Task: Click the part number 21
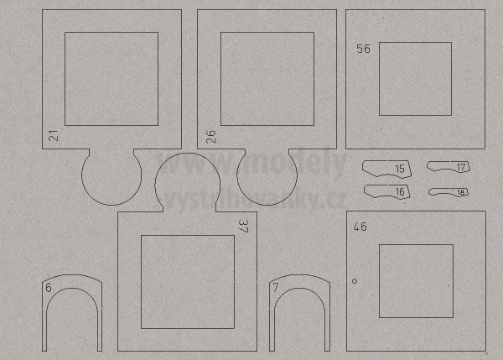click(54, 135)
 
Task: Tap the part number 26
click(210, 137)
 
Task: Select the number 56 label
click(364, 49)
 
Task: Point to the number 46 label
click(360, 227)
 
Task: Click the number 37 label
click(243, 226)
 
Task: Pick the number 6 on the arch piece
click(49, 288)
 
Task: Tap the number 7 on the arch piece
click(276, 287)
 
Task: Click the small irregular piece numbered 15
click(386, 169)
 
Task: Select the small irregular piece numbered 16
click(386, 191)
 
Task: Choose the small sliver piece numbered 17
click(449, 167)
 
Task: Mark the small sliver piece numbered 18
click(449, 192)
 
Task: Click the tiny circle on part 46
click(355, 281)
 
